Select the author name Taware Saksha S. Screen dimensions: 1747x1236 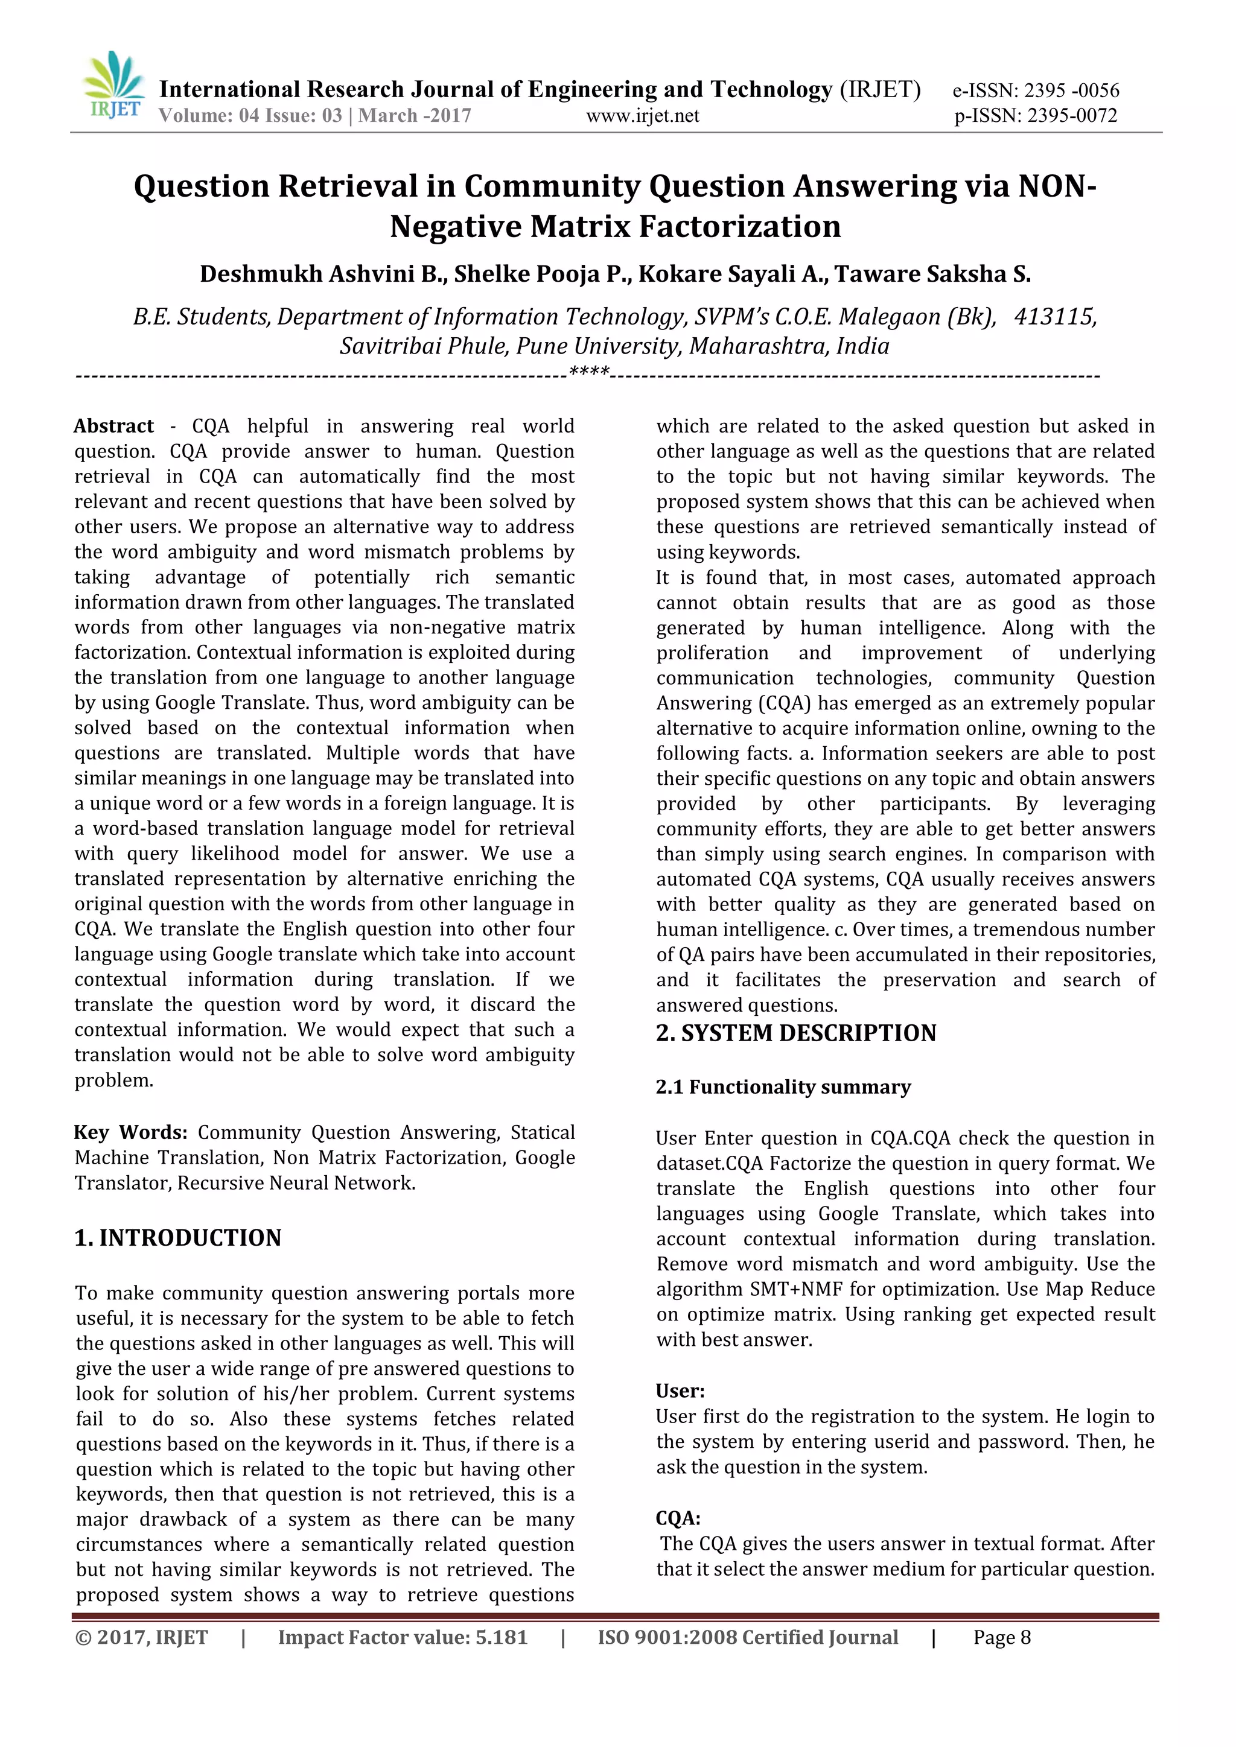coord(932,274)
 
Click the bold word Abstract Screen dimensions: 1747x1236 coord(113,426)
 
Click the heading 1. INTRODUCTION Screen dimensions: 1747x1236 coord(178,1238)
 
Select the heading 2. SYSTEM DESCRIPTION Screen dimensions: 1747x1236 coord(796,1033)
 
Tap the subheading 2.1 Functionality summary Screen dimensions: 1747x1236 coord(783,1087)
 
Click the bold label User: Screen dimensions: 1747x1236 coord(680,1392)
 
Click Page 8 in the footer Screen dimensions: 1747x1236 coord(1002,1637)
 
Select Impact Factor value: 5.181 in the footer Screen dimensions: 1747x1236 coord(403,1637)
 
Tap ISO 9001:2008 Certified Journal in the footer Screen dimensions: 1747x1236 coord(747,1637)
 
